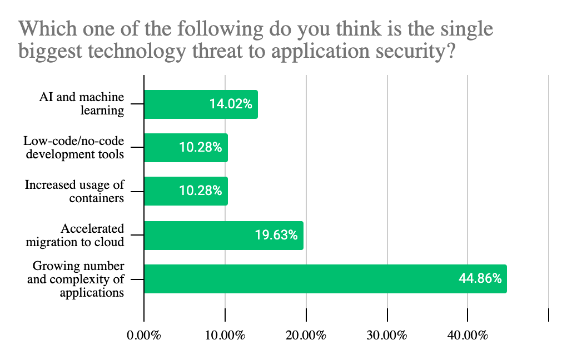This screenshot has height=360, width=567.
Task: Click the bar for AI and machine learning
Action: point(201,104)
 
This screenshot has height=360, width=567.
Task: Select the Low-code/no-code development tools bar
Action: point(186,147)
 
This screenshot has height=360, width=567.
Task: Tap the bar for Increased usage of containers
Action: point(186,191)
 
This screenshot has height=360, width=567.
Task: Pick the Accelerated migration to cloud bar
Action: point(223,235)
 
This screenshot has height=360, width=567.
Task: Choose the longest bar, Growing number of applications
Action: point(325,278)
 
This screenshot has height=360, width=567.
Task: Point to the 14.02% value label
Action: point(231,104)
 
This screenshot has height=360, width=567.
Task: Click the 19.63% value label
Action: point(276,235)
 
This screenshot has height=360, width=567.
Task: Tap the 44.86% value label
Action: point(480,278)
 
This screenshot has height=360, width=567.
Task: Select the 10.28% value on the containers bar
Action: point(201,191)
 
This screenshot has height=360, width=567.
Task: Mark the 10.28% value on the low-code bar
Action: point(201,147)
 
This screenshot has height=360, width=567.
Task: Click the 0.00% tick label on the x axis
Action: point(144,336)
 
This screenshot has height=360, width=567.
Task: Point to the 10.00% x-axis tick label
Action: point(225,336)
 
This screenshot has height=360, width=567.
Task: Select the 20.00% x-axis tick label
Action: point(306,336)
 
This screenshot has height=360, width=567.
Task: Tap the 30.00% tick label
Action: point(387,336)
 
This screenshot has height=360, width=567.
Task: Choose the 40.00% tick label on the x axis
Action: point(468,336)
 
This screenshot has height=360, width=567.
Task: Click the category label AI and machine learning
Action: point(82,103)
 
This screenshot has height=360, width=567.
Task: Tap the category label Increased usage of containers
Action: point(74,191)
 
